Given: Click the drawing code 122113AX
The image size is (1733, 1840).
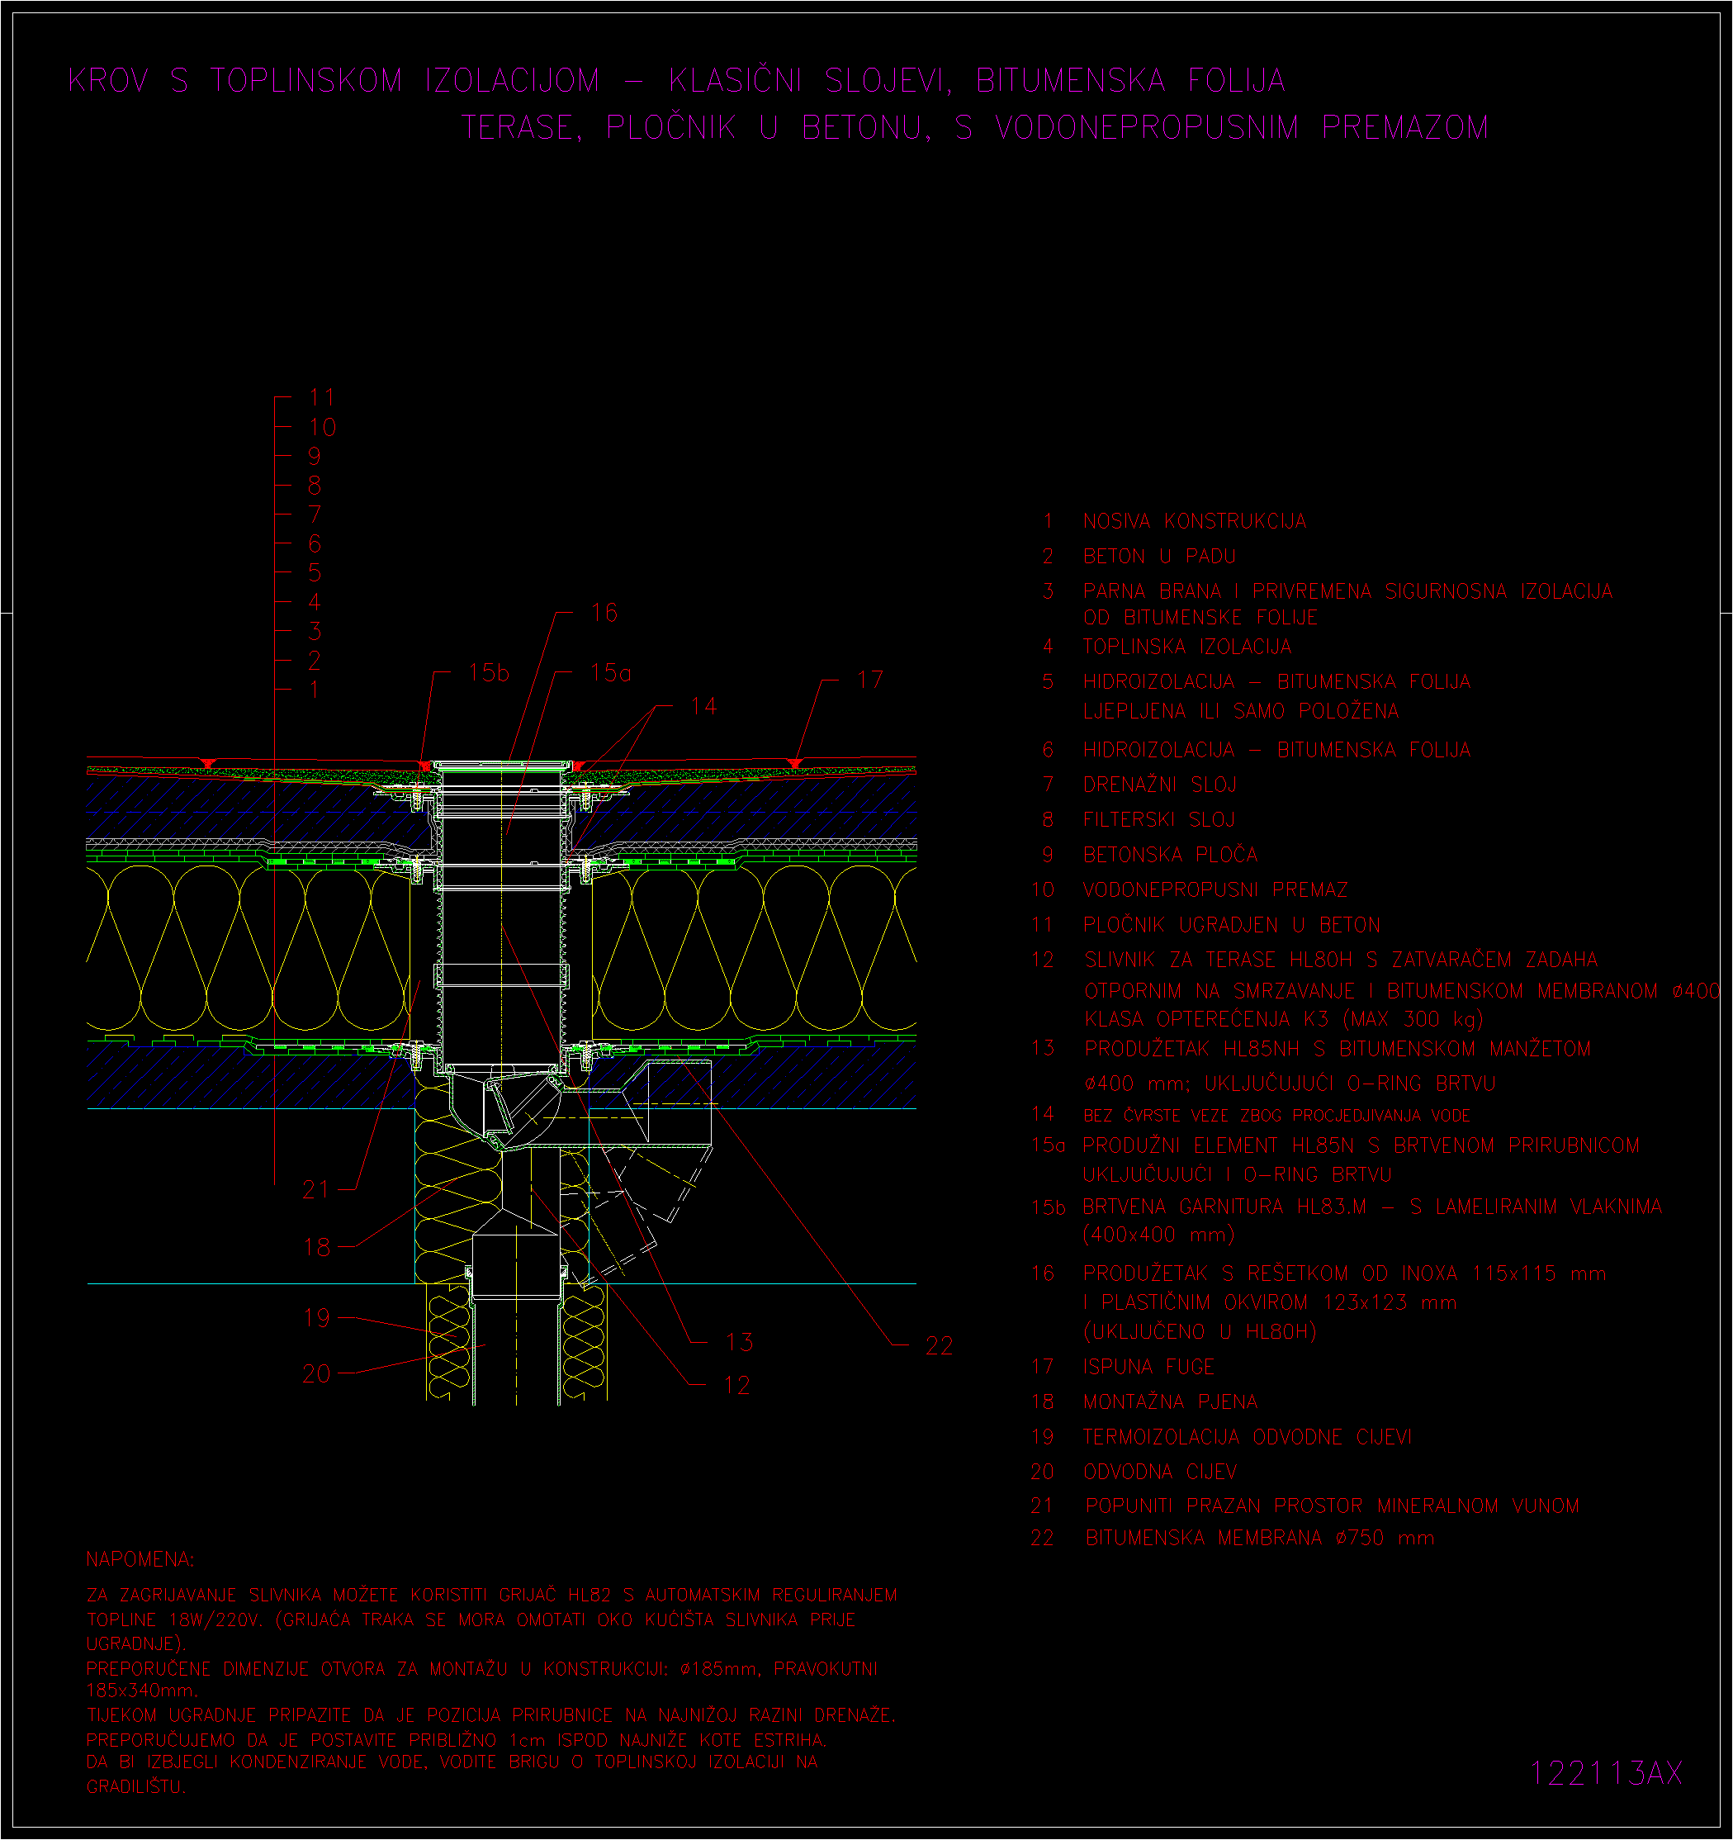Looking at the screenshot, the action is pos(1605,1772).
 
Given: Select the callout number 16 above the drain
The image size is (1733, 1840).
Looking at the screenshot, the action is pos(604,613).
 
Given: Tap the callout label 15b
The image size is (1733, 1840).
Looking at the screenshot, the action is pos(490,673).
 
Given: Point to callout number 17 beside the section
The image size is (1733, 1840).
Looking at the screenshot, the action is pos(869,681).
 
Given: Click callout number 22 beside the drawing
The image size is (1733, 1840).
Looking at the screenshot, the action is pos(939,1346).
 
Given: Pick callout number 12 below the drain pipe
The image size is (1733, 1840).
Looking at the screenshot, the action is pos(737,1386).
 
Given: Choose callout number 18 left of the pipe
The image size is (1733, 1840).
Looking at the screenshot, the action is pos(316,1248).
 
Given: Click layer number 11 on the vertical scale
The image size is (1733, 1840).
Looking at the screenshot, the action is pos(322,398).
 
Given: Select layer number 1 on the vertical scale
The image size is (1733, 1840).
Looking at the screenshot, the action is pos(315,690).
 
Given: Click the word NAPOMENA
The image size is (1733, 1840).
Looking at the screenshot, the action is pos(140,1559).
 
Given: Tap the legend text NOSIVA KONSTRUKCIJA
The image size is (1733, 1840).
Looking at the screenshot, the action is pos(1195,522).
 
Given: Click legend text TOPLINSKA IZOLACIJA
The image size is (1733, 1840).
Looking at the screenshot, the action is pos(1187,647).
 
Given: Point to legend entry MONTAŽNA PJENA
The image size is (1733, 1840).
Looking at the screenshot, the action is pos(1171,1402).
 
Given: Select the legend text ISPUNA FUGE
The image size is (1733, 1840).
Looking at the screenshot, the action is pos(1148,1367).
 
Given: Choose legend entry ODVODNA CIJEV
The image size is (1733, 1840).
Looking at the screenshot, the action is pos(1159,1472).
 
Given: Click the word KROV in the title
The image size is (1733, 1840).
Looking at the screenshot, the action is pos(108,81).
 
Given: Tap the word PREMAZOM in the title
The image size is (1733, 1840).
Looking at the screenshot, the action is pos(1405,127).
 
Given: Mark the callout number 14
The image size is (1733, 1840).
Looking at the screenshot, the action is pos(703,707).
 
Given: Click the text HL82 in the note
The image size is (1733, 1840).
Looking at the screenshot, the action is pos(590,1595).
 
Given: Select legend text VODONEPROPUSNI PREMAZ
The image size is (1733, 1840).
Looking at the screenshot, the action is pos(1215,890).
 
